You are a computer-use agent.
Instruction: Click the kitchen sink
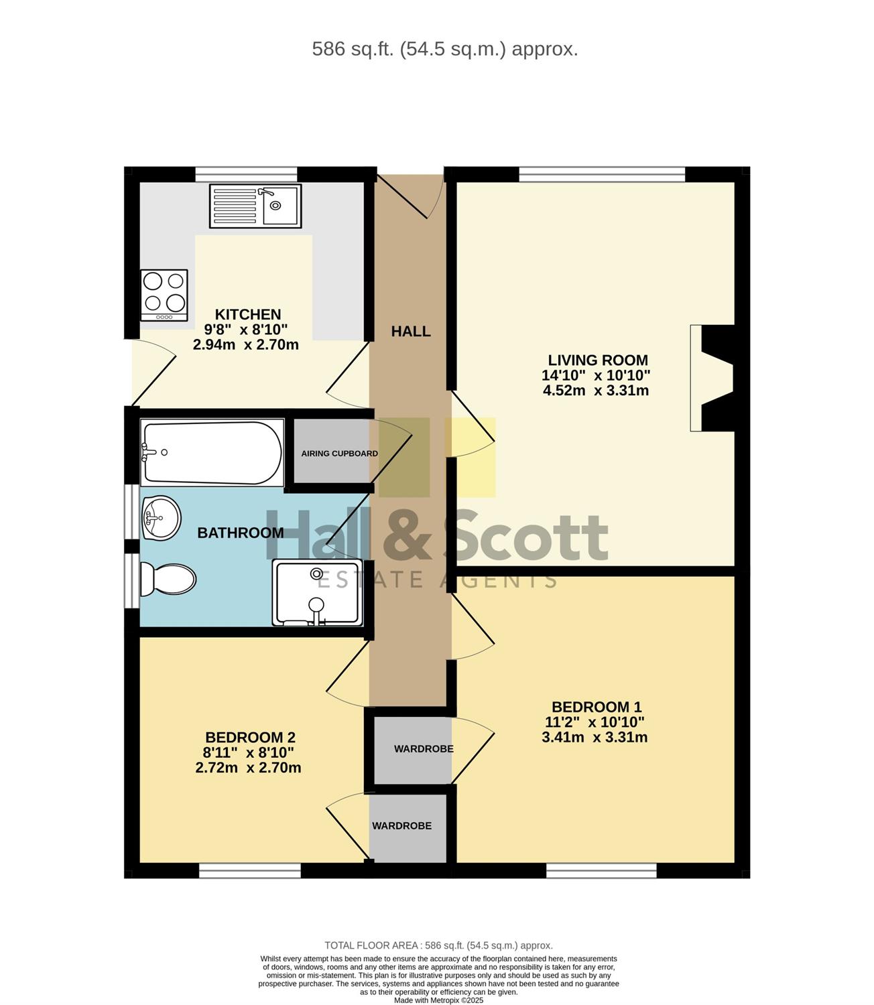coord(255,206)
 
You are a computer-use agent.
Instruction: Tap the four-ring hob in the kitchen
coord(164,295)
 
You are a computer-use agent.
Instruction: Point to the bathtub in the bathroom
coord(212,452)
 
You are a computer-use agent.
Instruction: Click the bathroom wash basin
coord(161,518)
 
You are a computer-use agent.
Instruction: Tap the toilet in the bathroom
coord(168,580)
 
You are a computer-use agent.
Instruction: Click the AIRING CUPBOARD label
coord(340,454)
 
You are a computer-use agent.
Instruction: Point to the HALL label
coord(411,332)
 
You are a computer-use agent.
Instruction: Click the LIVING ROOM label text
coord(598,360)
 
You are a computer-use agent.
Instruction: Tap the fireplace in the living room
coord(712,378)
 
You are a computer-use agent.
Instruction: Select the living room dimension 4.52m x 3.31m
coord(595,391)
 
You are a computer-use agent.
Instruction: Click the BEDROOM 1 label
coord(597,707)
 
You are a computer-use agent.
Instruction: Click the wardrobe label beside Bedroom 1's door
coord(424,748)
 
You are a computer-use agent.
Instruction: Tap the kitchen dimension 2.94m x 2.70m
coord(245,345)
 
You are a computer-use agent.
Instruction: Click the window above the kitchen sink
coord(246,174)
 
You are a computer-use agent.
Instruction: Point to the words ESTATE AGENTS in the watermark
coord(438,580)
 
